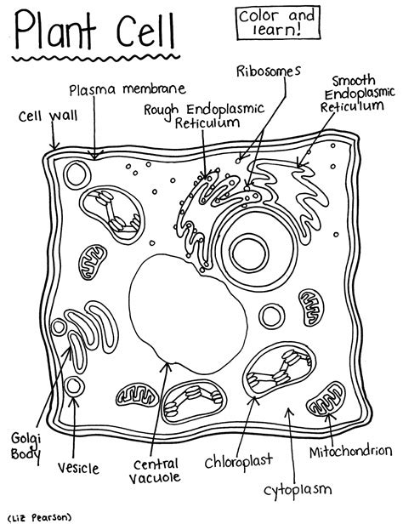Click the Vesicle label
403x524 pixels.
coord(78,467)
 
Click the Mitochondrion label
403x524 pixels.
coord(350,449)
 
